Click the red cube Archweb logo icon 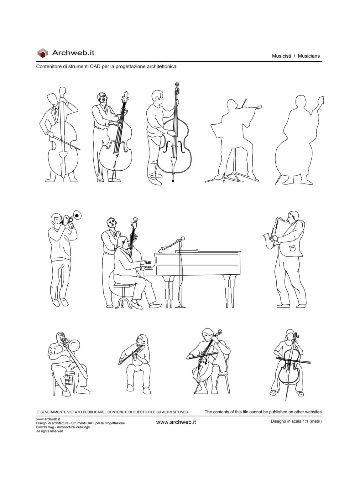point(43,53)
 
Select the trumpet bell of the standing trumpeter point(77,215)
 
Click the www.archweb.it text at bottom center point(176,422)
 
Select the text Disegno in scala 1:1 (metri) point(296,421)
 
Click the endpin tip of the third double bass point(173,180)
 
